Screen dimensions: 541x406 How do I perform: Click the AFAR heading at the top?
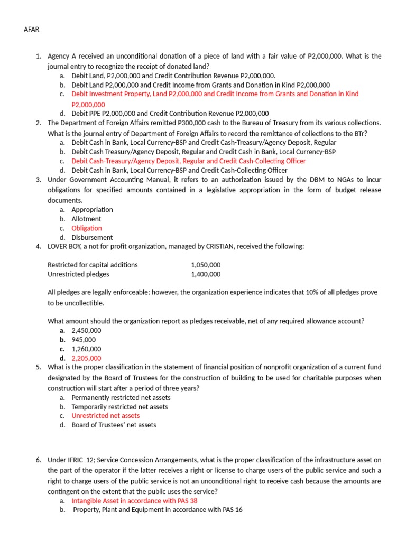(x=32, y=29)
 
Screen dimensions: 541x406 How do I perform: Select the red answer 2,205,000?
(x=86, y=358)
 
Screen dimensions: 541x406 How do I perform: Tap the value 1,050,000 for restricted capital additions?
(x=206, y=265)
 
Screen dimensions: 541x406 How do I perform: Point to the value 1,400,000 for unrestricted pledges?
(x=206, y=274)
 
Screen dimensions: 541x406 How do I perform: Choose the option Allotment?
(x=86, y=219)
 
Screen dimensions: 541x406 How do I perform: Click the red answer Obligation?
(x=87, y=228)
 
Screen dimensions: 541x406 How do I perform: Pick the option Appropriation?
(x=92, y=210)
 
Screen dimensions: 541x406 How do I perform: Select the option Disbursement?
(x=92, y=238)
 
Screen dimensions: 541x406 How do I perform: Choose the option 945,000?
(x=84, y=340)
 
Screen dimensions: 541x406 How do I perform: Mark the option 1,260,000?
(x=86, y=349)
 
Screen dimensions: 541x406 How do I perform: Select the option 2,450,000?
(x=86, y=330)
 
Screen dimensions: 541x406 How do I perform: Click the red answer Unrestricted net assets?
(x=106, y=416)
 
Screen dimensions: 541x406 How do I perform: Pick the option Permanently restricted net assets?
(x=121, y=397)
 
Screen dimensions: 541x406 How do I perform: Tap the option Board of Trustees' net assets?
(x=114, y=425)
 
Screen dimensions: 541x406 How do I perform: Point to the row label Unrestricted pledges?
(x=78, y=274)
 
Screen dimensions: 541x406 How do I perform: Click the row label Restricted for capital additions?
(x=93, y=265)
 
